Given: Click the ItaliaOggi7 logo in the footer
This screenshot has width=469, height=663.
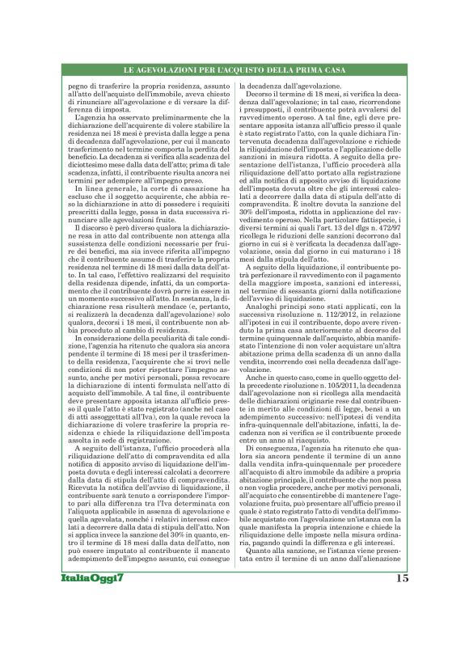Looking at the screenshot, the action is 93,623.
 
